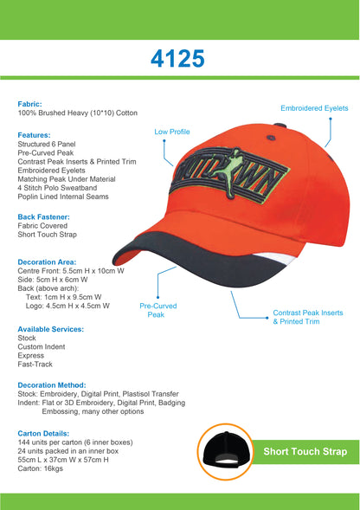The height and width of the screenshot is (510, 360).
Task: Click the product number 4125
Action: (178, 59)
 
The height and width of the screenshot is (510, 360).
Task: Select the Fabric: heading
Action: (30, 104)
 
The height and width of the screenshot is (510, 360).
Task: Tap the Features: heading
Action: (34, 135)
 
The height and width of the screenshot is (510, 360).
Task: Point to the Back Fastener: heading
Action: (44, 216)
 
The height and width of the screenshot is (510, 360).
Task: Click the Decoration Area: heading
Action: (47, 261)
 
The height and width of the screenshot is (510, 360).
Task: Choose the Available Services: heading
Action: (51, 329)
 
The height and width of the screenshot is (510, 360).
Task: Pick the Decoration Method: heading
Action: (52, 384)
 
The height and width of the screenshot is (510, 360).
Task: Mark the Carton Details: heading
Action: (43, 433)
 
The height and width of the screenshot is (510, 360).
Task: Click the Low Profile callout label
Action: (171, 132)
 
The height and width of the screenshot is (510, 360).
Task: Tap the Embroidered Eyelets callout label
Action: (315, 107)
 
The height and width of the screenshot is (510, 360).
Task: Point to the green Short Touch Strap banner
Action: (305, 451)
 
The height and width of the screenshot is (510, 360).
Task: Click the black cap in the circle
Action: (225, 454)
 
